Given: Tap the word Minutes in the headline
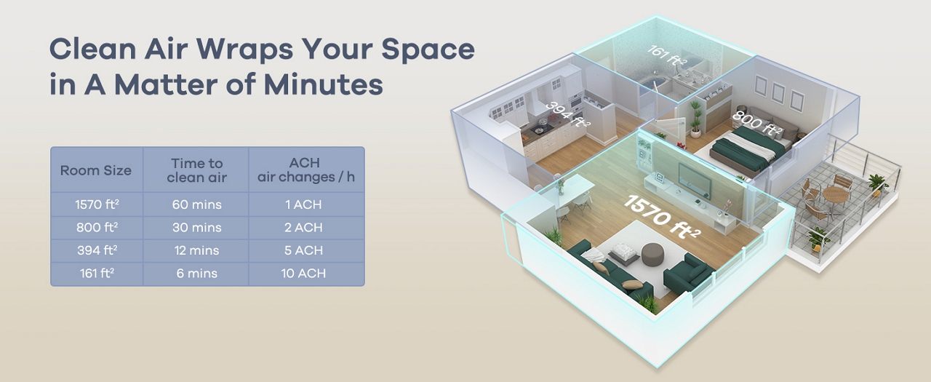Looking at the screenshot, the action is coord(323,84).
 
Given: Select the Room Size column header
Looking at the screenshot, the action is coord(95,170).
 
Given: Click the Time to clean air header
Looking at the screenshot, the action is coord(196,170).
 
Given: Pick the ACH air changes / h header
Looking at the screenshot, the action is coord(306,170).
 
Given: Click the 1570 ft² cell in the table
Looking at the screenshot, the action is coord(97,204).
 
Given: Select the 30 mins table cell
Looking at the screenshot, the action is coord(197,228).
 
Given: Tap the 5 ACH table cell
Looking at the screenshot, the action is coord(303,250).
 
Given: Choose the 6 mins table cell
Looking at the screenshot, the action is coord(197,274).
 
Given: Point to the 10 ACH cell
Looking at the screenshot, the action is coord(303,274).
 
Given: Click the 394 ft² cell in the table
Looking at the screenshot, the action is coord(97,250).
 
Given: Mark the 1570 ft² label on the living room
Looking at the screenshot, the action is coord(663,218).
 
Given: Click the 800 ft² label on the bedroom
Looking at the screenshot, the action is coord(756,123).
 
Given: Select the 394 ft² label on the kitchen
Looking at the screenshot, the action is coord(567,114).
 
